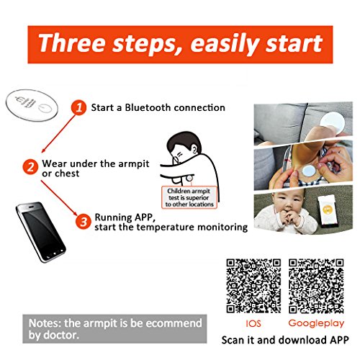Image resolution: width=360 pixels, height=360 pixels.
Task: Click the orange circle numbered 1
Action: tap(78, 107)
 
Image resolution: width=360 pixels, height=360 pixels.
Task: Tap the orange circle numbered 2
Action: tap(30, 167)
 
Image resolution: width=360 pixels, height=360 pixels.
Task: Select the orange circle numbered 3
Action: tap(84, 222)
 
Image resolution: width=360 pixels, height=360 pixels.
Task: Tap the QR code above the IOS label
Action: tap(253, 286)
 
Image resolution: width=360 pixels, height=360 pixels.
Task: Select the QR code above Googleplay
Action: tap(316, 286)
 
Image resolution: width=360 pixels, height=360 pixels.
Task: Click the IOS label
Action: tap(253, 323)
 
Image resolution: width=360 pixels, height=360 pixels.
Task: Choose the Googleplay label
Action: tap(316, 324)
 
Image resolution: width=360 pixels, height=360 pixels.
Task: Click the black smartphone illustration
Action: tap(41, 232)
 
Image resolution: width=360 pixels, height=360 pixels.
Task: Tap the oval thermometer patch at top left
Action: tap(32, 105)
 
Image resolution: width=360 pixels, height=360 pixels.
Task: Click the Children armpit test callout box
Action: tap(189, 197)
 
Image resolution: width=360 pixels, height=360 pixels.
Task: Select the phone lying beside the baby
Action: tap(327, 211)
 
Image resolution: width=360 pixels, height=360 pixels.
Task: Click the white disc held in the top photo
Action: tap(333, 122)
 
